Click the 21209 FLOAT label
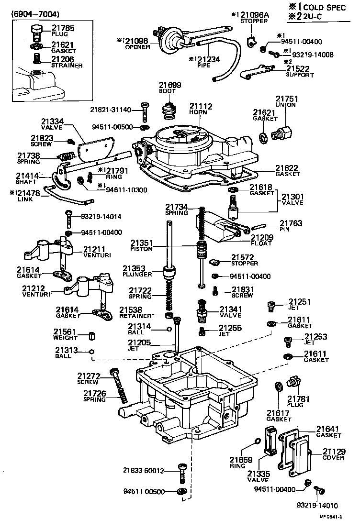pos(261,240)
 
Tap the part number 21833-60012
pos(143,471)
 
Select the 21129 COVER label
pos(333,454)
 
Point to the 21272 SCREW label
pos(88,379)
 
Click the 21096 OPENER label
pos(135,44)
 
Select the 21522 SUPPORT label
pos(300,72)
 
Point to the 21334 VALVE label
pos(52,124)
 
